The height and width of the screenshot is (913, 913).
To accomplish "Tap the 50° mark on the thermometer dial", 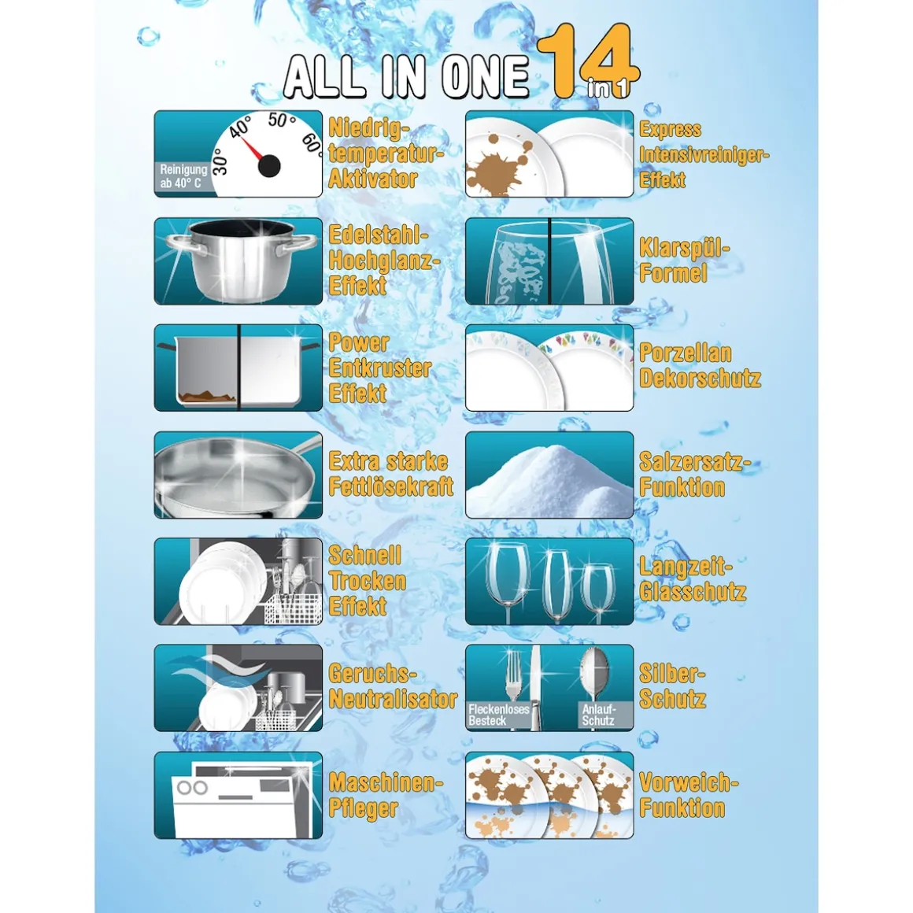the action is (282, 120).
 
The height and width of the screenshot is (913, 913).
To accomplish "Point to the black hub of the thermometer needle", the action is (269, 165).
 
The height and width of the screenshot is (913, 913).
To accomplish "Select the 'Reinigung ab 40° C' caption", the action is (183, 176).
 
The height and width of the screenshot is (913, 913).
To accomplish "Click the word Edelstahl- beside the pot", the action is (379, 235).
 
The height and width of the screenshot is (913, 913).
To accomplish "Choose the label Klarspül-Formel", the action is (685, 261).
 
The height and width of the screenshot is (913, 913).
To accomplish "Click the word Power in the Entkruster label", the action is (359, 342).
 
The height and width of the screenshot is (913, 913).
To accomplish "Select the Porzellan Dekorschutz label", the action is (700, 366).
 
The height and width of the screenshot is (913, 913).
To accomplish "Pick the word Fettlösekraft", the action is (391, 486).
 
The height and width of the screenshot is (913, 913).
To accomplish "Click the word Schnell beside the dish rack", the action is (365, 555).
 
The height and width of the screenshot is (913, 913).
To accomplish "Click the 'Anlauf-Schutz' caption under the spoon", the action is (599, 715).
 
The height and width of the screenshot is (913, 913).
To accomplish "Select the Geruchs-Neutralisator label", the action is (393, 686).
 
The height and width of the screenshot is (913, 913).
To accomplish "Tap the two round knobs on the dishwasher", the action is (192, 788).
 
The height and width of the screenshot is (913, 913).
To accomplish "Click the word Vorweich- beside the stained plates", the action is (689, 782).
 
